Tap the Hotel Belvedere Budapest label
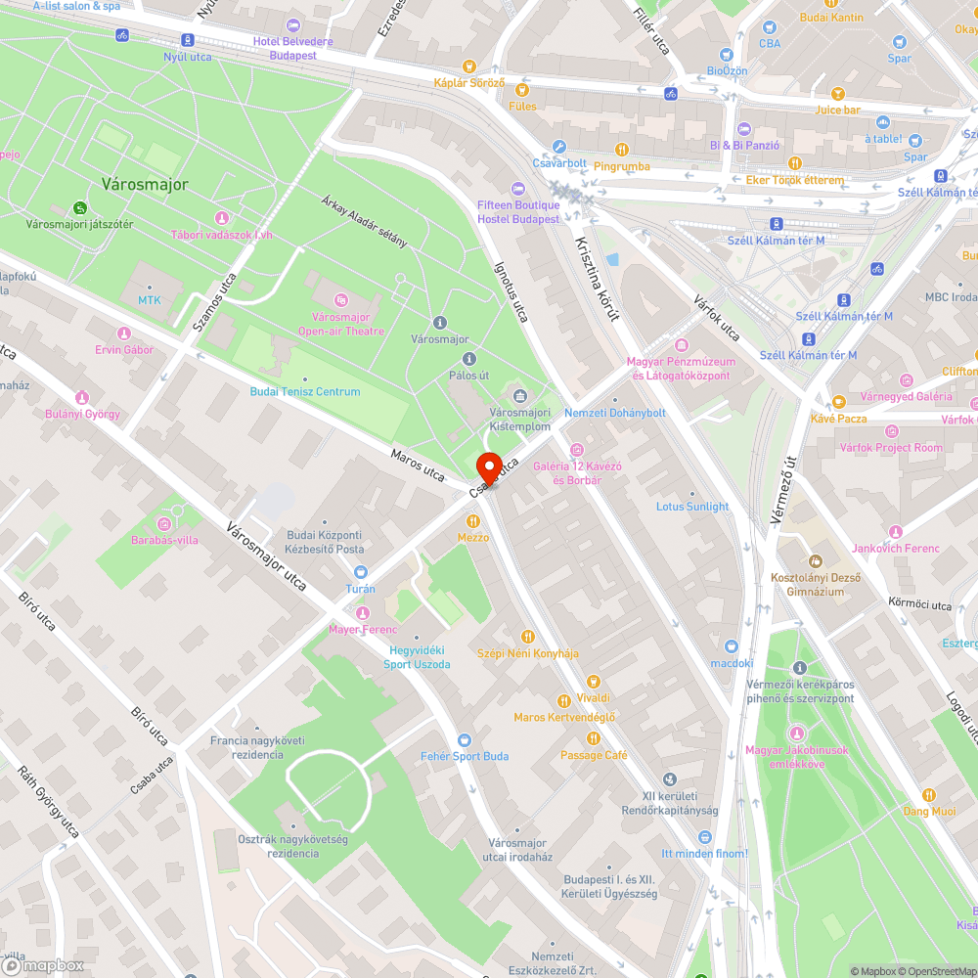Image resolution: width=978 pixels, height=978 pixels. point(292,48)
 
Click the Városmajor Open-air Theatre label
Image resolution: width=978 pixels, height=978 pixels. point(341,324)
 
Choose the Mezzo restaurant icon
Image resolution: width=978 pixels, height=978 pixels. point(473,521)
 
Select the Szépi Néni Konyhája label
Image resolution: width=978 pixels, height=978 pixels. point(528,652)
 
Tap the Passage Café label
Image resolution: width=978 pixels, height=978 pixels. point(594,755)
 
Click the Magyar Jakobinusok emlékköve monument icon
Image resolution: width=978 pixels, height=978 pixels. point(797,733)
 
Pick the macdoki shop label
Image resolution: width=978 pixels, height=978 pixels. point(732,662)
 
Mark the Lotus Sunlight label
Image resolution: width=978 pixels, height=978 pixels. point(692,507)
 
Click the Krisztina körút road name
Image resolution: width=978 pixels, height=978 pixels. point(598,273)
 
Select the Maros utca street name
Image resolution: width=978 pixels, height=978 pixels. point(418,466)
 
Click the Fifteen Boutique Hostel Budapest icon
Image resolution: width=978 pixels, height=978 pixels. point(518,188)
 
